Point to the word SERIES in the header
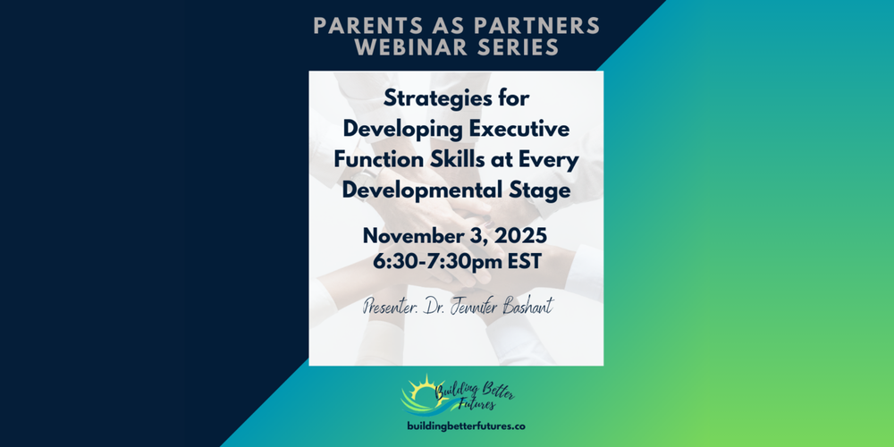513,47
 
